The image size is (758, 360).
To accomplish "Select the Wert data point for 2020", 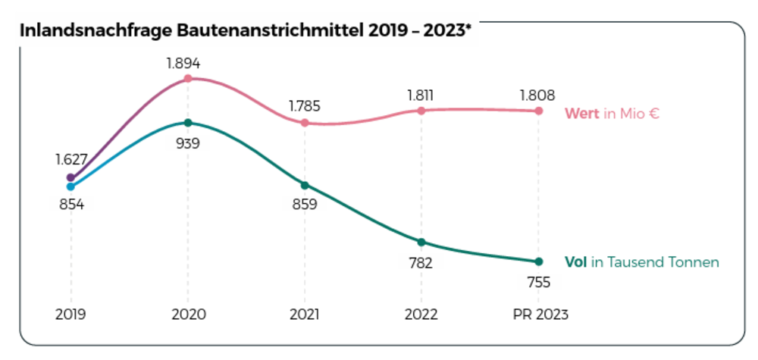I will (188, 78).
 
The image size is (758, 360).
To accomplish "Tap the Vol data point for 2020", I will (188, 123).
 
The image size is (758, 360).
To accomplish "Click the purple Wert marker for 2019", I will (70, 177).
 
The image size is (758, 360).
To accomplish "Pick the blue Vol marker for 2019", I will (70, 186).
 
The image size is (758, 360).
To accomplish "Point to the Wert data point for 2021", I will (305, 123).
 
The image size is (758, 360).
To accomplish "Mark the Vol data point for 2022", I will (421, 243).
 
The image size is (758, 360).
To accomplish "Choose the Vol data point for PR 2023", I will (539, 261).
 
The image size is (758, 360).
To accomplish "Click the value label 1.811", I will (421, 95).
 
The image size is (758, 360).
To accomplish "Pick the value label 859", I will (305, 204).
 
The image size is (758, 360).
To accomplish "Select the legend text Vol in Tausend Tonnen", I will (641, 262).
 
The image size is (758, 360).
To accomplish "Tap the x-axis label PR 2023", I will (538, 315).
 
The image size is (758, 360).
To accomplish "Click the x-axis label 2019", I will (70, 315).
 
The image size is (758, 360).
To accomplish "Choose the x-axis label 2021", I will (305, 315).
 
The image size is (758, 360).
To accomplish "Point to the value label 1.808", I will (538, 95).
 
